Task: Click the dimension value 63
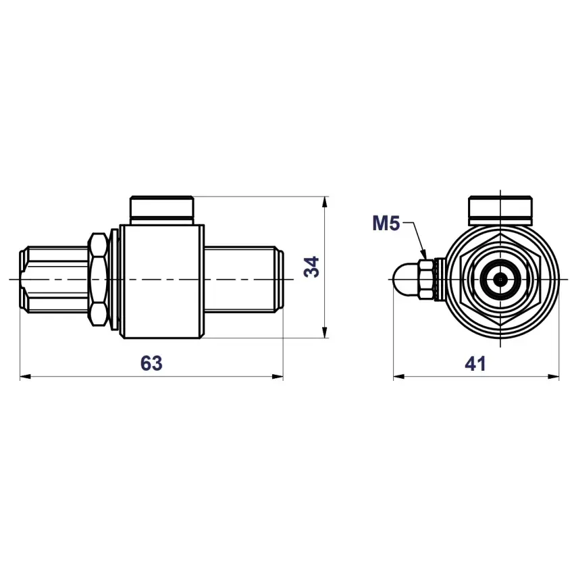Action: pyautogui.click(x=151, y=363)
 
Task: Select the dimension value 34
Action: pyautogui.click(x=312, y=267)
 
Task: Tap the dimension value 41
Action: pyautogui.click(x=475, y=363)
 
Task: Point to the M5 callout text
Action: pyautogui.click(x=386, y=224)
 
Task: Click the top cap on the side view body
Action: pyautogui.click(x=162, y=211)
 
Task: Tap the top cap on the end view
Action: pyautogui.click(x=500, y=211)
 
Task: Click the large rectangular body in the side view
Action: pyautogui.click(x=162, y=282)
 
